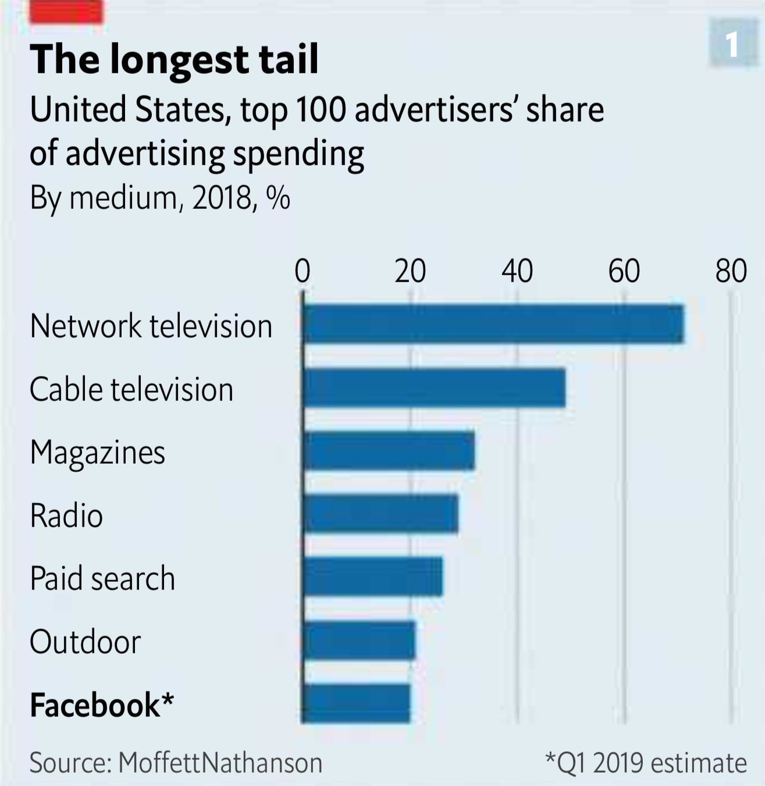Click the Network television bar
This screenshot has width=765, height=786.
(493, 324)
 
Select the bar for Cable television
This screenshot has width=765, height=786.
(434, 387)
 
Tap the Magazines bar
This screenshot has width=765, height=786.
(389, 451)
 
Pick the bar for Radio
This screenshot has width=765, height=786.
(380, 514)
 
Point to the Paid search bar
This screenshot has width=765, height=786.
(372, 577)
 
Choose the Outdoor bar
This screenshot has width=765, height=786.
(359, 640)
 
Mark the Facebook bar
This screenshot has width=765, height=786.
(356, 703)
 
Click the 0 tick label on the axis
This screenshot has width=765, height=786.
(303, 271)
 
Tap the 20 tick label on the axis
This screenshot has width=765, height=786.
(410, 271)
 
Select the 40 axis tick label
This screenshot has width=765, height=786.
(517, 271)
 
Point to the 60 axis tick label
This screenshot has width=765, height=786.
(624, 271)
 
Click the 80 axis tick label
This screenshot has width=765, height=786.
(731, 271)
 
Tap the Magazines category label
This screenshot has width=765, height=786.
(98, 453)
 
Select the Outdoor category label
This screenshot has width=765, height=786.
(86, 642)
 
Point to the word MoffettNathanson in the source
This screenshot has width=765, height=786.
(220, 763)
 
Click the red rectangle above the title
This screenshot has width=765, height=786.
(66, 12)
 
